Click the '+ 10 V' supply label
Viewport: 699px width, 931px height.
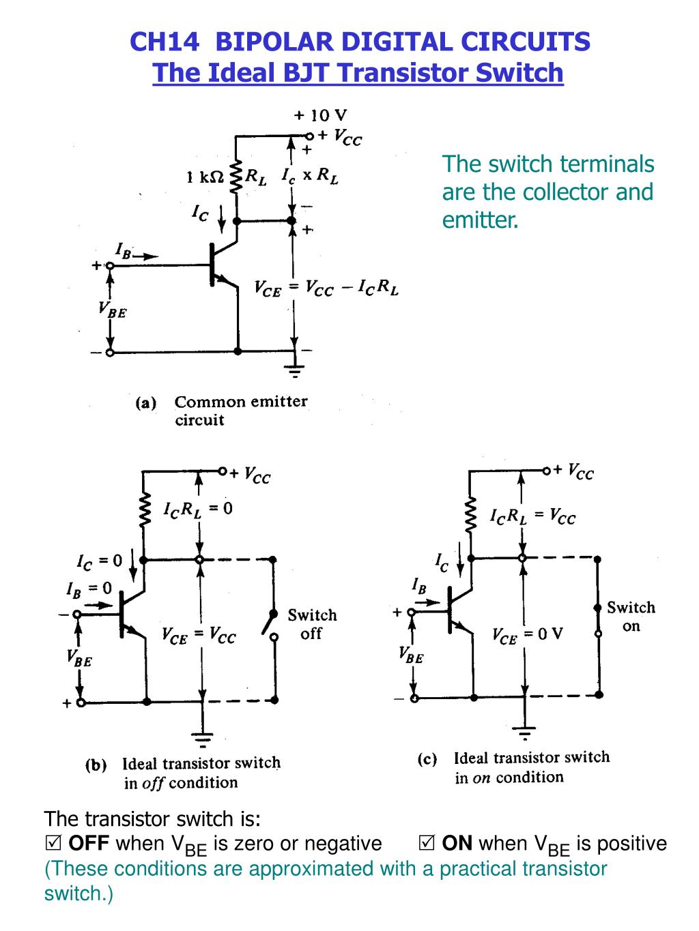320,115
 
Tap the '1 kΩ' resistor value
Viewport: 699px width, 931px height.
205,177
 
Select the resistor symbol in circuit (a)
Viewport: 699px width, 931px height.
236,177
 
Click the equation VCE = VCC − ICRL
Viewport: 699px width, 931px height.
326,288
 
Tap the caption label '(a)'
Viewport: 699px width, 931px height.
145,402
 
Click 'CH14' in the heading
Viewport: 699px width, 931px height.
165,42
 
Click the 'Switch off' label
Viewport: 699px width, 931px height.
313,624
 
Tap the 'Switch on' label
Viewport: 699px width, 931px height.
631,617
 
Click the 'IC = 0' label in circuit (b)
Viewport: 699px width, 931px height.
99,561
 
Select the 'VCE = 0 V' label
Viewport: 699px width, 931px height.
527,634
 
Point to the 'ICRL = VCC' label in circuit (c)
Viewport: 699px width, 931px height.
533,516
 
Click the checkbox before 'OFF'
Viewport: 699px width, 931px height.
53,843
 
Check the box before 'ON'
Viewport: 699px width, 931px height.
427,843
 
